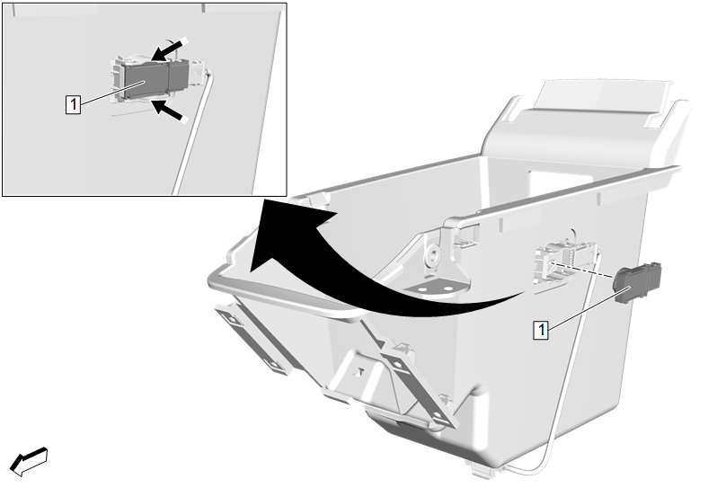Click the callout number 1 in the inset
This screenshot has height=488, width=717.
73,104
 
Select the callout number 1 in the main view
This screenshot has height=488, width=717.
541,329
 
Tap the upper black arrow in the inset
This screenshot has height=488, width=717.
169,49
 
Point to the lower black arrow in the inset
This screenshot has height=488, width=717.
169,111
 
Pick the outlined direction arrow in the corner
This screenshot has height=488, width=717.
29,461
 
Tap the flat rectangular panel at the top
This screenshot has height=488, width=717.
604,97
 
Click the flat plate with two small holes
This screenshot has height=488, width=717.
436,289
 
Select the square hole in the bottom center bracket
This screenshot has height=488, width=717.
360,372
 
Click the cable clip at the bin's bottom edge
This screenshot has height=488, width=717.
480,470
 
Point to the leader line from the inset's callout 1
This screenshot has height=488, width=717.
113,93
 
